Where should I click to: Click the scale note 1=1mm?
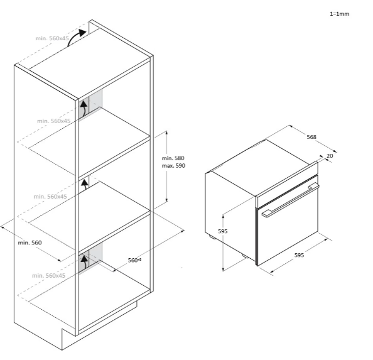(340, 14)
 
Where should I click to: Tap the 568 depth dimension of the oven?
(311, 137)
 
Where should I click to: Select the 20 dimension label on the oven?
(330, 156)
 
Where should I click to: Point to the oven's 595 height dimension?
(223, 231)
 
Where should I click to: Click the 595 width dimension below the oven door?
(299, 255)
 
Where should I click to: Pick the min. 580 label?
(173, 158)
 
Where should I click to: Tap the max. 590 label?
(173, 166)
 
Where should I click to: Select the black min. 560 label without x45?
(30, 243)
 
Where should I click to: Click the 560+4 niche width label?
(134, 260)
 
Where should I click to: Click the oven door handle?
(291, 200)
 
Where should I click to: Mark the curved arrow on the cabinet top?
(76, 37)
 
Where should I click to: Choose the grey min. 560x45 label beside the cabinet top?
(52, 38)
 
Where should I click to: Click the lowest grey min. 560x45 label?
(48, 276)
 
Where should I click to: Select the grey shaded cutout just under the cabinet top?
(90, 104)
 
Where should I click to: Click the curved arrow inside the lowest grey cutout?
(84, 262)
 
